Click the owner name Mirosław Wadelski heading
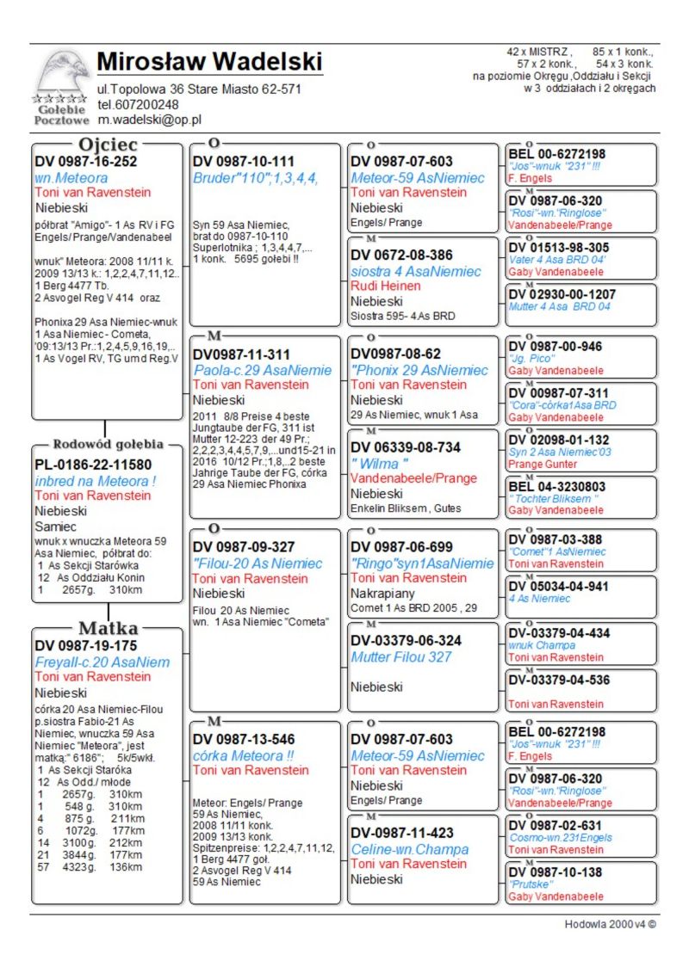(209, 62)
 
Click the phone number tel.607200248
(138, 105)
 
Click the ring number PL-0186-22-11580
(93, 465)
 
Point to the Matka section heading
(108, 628)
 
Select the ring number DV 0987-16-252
(86, 161)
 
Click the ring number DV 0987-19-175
(86, 644)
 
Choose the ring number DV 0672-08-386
(401, 256)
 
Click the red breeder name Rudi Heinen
(385, 286)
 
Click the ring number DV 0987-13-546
(244, 739)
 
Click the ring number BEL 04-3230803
(557, 487)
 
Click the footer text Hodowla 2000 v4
(611, 925)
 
